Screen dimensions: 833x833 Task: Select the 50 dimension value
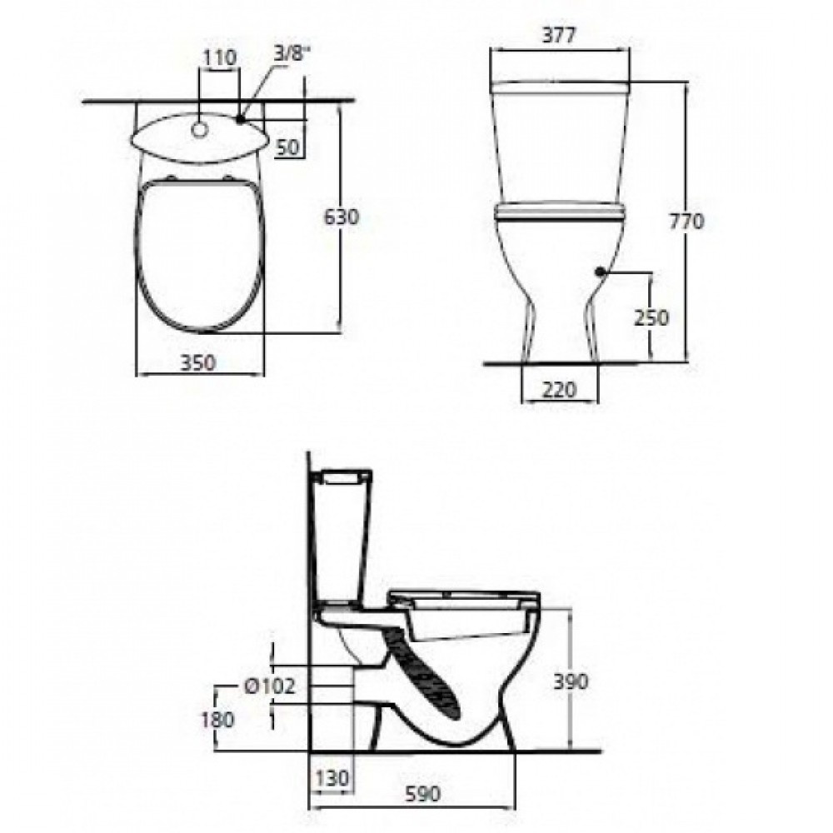pyautogui.click(x=287, y=147)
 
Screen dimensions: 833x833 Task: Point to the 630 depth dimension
pyautogui.click(x=342, y=218)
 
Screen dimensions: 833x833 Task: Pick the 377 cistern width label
pyautogui.click(x=559, y=34)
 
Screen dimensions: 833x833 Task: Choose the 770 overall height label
pyautogui.click(x=688, y=221)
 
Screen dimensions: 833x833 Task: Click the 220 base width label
pyautogui.click(x=559, y=389)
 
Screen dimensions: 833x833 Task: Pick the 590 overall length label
pyautogui.click(x=421, y=796)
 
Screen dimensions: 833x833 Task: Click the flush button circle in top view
pyautogui.click(x=200, y=129)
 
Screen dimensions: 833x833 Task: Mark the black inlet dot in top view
pyautogui.click(x=240, y=120)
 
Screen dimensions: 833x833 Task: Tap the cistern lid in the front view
pyautogui.click(x=559, y=87)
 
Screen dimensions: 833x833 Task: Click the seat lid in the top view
pyautogui.click(x=200, y=254)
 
